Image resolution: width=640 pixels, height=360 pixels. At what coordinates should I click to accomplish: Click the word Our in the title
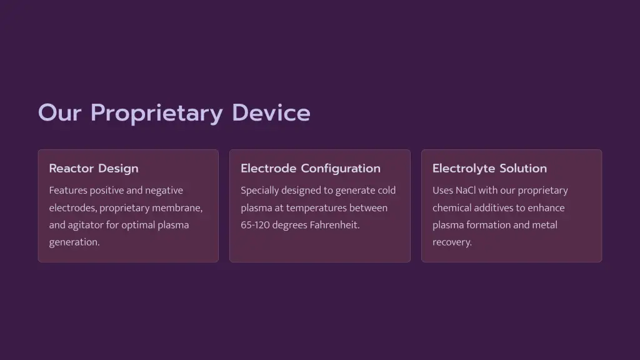click(59, 113)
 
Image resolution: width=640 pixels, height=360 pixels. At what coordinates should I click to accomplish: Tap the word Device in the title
click(271, 112)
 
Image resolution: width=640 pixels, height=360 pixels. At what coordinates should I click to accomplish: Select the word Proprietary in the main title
click(157, 114)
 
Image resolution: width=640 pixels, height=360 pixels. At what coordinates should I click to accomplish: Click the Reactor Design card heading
click(94, 169)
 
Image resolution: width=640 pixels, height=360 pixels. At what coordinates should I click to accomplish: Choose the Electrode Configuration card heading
click(310, 169)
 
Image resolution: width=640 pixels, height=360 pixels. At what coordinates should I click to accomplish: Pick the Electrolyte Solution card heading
click(489, 169)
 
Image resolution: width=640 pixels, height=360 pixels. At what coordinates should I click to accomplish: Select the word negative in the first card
click(164, 191)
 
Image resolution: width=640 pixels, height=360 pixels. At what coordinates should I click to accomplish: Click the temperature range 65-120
click(255, 225)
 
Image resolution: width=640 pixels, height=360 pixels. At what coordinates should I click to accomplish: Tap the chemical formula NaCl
click(465, 191)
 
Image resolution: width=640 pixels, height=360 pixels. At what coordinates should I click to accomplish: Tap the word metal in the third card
click(546, 225)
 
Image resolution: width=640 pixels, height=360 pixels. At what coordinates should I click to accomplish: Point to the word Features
click(68, 191)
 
